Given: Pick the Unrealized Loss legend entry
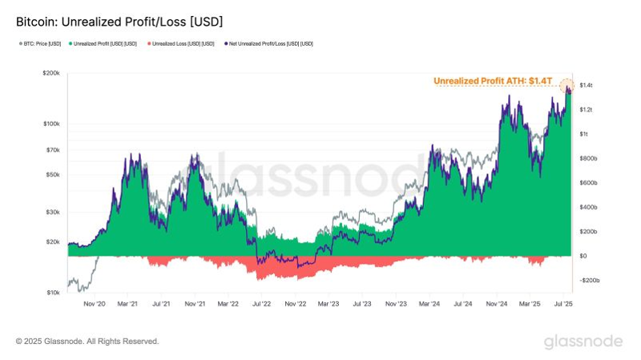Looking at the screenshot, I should (x=180, y=43).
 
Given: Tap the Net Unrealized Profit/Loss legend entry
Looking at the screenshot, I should (x=268, y=43).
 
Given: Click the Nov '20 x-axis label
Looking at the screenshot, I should (x=95, y=305).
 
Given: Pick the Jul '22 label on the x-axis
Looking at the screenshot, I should (x=261, y=305).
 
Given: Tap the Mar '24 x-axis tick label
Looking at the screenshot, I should (x=429, y=305).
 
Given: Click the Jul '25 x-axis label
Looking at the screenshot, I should (x=562, y=305).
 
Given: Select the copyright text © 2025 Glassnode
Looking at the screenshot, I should (x=87, y=342).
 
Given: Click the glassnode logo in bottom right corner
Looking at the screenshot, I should (x=583, y=342).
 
